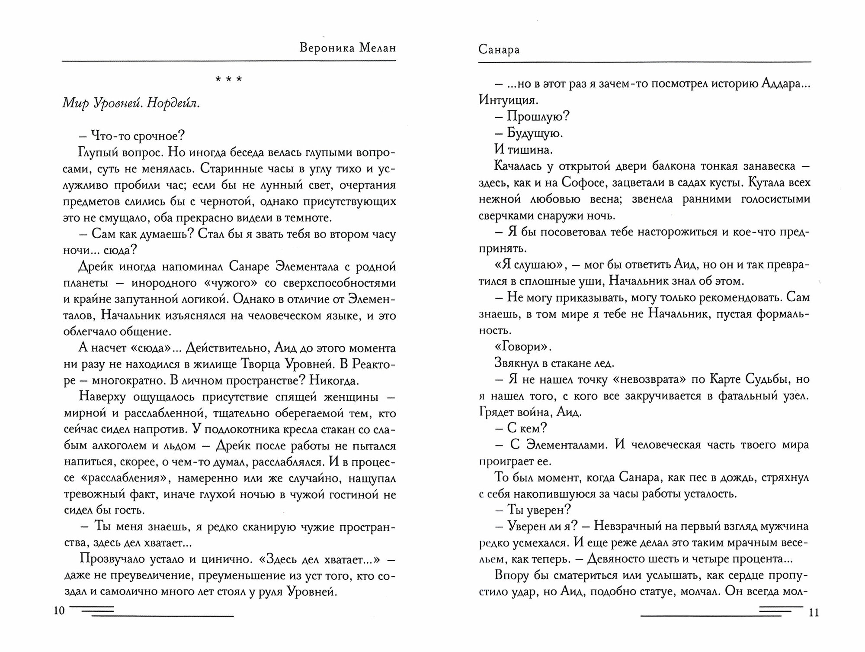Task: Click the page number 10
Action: pos(59,611)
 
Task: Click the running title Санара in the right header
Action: pos(499,50)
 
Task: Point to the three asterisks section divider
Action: pos(228,80)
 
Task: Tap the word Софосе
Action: pos(582,182)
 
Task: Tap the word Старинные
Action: pos(228,168)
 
